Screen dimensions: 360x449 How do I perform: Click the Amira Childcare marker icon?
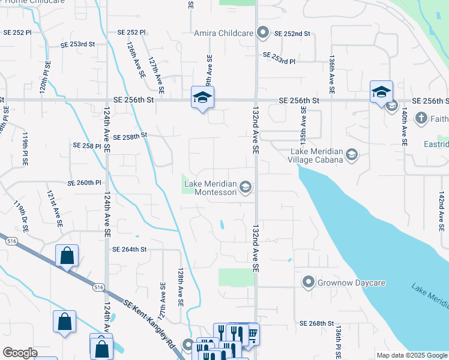262,32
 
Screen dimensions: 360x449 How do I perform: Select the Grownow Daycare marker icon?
309,282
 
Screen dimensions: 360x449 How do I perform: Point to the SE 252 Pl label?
132,32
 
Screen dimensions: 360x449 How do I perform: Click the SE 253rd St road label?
78,44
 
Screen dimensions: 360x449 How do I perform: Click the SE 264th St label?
130,249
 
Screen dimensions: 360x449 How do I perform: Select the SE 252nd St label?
292,34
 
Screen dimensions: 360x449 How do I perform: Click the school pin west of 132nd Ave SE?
203,97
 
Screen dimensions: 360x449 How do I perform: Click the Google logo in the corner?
20,353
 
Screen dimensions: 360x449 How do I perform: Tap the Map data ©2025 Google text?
412,355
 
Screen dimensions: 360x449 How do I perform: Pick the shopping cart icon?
252,334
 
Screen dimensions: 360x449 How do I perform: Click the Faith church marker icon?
421,117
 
